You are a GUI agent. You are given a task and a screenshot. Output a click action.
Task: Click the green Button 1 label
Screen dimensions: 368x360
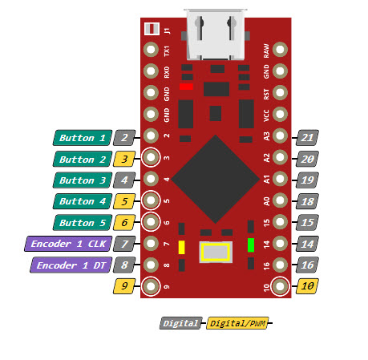tap(83, 138)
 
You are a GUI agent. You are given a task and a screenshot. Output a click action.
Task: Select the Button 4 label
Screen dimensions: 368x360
tap(83, 201)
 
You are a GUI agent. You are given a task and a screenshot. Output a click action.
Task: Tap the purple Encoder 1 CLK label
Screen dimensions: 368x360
tap(68, 244)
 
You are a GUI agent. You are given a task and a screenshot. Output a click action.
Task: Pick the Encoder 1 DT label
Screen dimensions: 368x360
tap(71, 265)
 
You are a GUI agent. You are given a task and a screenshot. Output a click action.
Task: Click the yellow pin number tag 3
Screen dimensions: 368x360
tap(124, 159)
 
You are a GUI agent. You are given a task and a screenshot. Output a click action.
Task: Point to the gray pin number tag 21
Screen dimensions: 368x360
tap(307, 138)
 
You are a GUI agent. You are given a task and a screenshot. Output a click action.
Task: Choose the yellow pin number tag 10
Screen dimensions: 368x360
tap(307, 286)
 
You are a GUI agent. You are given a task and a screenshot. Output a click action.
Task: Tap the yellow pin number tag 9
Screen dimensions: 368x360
tap(124, 286)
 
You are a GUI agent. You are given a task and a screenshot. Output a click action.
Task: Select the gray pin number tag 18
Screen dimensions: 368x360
tap(307, 201)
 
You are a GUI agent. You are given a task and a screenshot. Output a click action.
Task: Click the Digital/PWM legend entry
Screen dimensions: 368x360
tap(237, 323)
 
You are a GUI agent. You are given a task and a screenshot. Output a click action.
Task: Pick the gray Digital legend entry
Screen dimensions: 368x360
tap(181, 323)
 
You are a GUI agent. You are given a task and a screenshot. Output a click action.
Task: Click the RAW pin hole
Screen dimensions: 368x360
tap(280, 50)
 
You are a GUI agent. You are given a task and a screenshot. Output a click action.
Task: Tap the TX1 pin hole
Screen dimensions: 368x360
tap(151, 50)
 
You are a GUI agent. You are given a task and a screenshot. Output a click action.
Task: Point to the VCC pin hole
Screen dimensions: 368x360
tap(280, 114)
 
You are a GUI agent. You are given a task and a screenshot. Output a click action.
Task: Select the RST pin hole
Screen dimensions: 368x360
tap(280, 92)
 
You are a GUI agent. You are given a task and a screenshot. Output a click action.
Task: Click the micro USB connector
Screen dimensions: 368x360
tap(216, 34)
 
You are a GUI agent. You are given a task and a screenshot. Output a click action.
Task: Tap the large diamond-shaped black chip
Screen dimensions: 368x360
tap(216, 179)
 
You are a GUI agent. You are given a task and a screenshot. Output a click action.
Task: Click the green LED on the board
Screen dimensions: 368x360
tap(251, 245)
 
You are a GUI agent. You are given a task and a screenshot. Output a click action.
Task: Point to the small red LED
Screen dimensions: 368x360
tap(186, 87)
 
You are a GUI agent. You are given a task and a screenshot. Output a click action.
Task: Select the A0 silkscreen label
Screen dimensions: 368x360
tap(267, 201)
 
